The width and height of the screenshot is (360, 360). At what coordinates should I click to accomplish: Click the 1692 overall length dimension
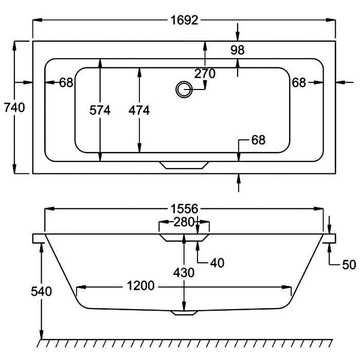tap(184, 20)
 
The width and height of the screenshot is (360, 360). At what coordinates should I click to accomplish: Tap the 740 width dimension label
tap(14, 107)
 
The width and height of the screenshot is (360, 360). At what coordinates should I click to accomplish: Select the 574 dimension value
tap(100, 110)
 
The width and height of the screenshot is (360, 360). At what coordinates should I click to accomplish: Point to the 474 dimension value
tap(139, 110)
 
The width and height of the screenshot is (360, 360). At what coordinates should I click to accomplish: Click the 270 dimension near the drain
tap(205, 74)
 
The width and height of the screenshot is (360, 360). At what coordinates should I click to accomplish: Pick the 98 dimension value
tap(238, 50)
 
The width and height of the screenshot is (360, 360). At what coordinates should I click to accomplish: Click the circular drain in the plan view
tap(184, 89)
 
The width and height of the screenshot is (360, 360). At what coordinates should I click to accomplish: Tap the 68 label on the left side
tap(66, 82)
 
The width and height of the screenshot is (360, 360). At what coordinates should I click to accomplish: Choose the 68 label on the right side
tap(299, 82)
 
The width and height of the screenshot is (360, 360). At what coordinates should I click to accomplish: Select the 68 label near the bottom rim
tap(258, 140)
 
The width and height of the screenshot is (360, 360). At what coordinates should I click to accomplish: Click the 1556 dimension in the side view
tap(184, 209)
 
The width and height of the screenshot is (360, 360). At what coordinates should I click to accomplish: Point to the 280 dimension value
tap(184, 222)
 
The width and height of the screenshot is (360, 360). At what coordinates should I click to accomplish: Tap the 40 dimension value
tap(217, 263)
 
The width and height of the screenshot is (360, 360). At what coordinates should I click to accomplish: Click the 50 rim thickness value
tap(349, 265)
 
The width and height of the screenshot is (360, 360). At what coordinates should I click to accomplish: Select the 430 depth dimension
tap(184, 273)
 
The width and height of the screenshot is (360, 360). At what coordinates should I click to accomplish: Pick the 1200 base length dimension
tap(141, 286)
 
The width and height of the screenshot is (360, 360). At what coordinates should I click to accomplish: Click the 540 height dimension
tap(41, 292)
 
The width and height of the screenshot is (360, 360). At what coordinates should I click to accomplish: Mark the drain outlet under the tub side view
tap(184, 313)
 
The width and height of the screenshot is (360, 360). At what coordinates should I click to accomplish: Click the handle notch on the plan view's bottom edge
tap(184, 165)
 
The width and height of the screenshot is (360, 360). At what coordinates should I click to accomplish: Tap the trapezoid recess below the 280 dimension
tap(184, 238)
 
